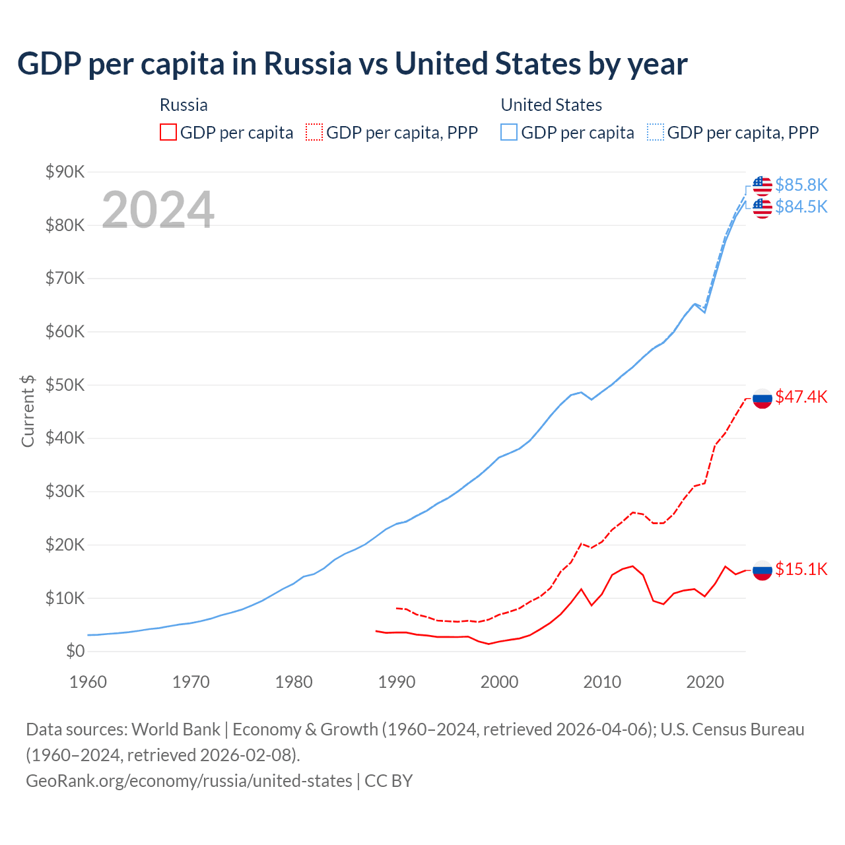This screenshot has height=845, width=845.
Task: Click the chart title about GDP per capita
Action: (353, 64)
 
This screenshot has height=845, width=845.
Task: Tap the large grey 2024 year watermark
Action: (158, 210)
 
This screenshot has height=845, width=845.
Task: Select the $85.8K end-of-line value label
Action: (801, 185)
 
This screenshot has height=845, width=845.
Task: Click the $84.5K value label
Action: (801, 207)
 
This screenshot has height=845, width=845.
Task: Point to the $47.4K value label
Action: (801, 397)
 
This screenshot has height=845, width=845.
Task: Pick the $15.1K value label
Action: (801, 569)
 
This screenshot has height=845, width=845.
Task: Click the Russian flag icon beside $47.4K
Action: (762, 398)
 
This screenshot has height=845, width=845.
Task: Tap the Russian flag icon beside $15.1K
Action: (762, 570)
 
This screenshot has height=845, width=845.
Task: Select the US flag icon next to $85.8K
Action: (762, 186)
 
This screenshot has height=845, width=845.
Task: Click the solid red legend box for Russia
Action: (168, 133)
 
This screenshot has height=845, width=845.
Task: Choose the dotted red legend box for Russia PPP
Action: (314, 133)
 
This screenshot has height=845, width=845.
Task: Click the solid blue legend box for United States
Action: (509, 133)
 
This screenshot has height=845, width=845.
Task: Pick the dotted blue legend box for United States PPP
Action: (656, 133)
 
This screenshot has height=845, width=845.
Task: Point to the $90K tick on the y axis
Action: (65, 172)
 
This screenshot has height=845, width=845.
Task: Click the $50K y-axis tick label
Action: (65, 386)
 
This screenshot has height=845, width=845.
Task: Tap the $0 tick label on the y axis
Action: (75, 652)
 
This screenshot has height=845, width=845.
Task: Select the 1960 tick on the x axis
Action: (88, 682)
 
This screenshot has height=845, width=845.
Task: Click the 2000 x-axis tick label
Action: (499, 682)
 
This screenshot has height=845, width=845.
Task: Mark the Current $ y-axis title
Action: (28, 411)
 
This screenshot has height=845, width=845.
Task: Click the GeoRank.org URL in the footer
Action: (189, 781)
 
